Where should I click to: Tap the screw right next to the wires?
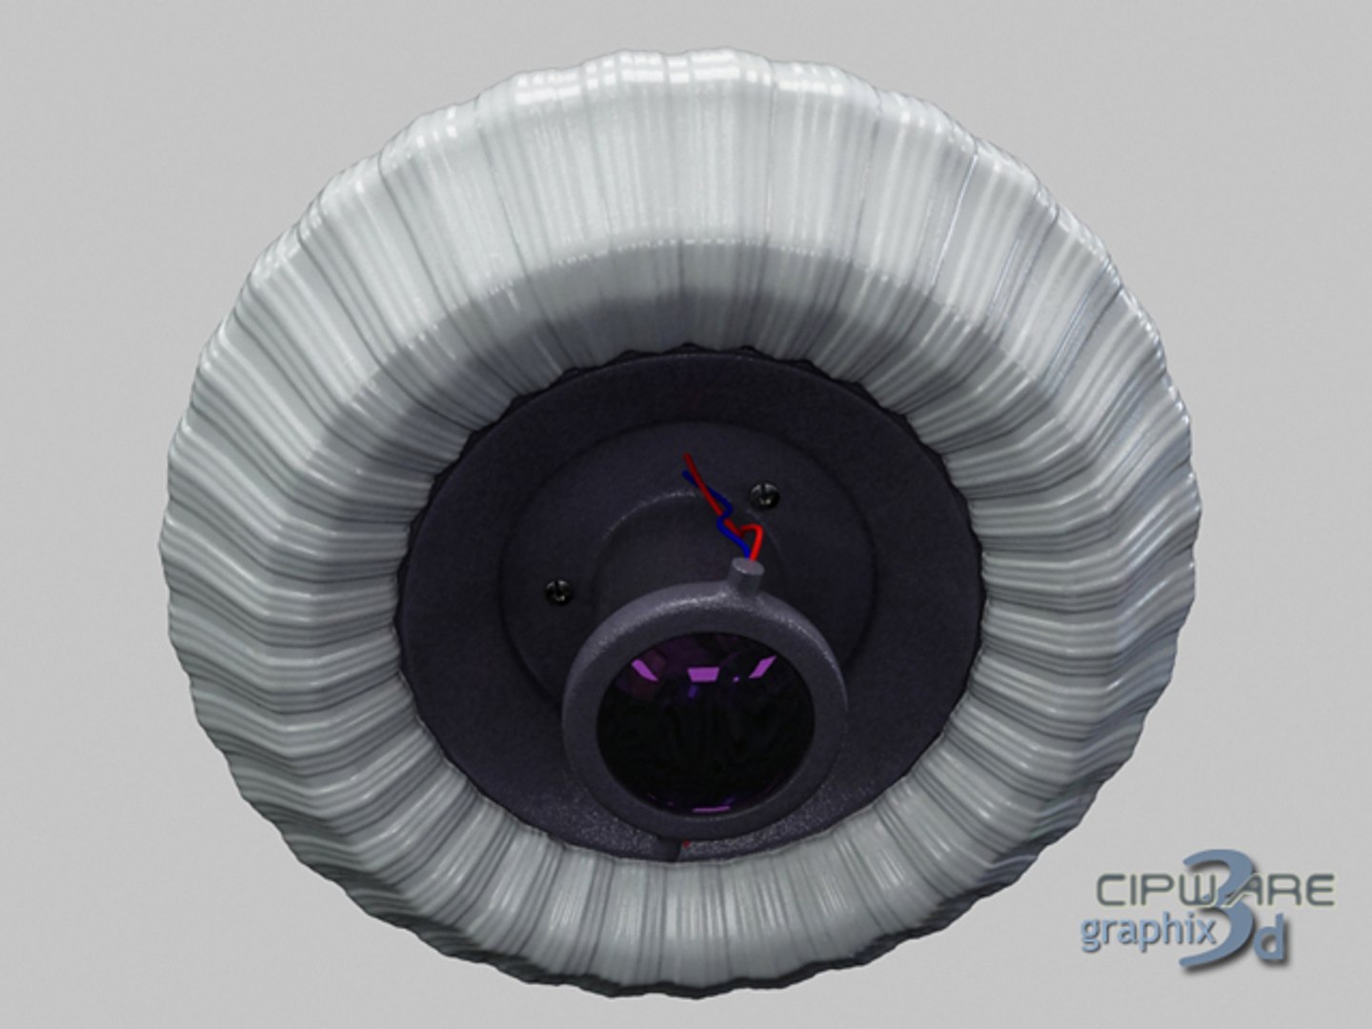pos(764,494)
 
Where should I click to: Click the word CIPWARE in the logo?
pos(1215,890)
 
